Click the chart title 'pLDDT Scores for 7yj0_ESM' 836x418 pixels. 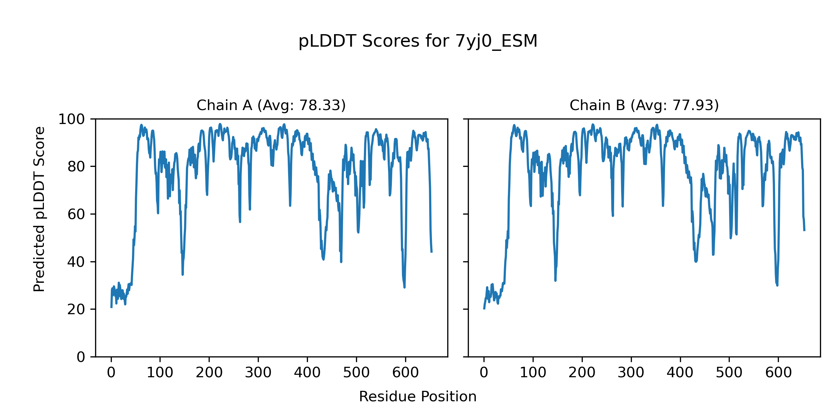pos(418,41)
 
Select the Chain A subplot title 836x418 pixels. pos(271,105)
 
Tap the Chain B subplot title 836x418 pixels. pos(644,105)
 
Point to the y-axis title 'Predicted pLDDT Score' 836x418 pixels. pos(39,209)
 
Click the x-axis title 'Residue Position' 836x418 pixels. pos(418,397)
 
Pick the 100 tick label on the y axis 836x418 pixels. pos(71,119)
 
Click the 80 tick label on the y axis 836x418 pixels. pos(76,167)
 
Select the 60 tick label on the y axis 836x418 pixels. pos(76,214)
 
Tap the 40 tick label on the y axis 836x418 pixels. pos(76,262)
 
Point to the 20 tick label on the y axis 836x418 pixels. pos(76,309)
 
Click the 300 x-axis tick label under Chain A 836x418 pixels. pos(258,373)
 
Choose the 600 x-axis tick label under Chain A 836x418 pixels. pos(405,373)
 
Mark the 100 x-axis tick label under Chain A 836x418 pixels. pos(160,373)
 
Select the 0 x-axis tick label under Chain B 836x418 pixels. pos(484,373)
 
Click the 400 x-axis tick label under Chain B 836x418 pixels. pos(680,373)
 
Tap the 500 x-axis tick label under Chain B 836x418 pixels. pos(729,373)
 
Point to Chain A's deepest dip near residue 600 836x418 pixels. pos(404,287)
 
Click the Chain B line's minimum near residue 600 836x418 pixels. pos(777,285)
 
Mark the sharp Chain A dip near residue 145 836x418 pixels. pos(183,274)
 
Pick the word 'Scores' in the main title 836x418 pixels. pos(391,41)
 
